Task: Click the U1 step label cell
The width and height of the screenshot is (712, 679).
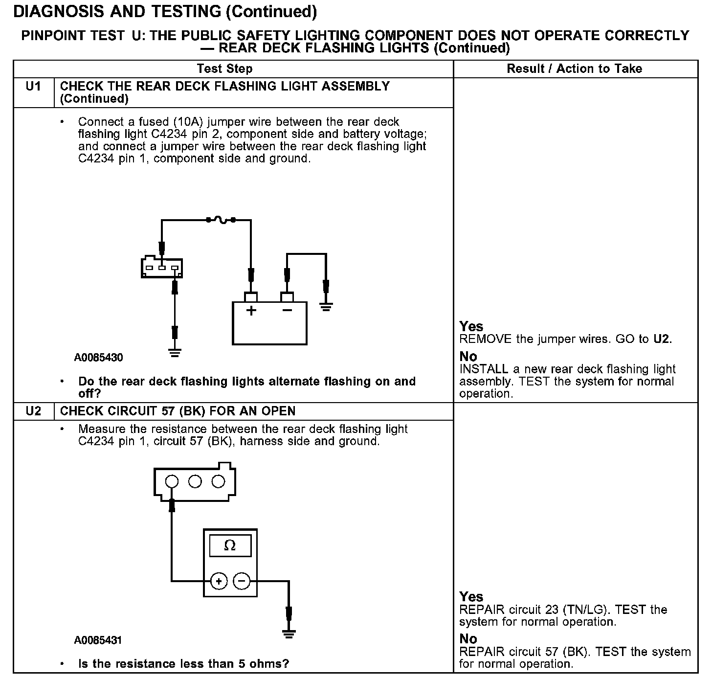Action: tap(33, 87)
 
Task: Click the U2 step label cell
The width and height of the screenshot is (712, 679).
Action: tap(33, 411)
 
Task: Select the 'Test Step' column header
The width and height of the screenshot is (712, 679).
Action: tap(225, 68)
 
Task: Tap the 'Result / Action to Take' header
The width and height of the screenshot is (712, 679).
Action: tap(574, 68)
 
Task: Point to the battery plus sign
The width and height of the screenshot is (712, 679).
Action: tap(251, 311)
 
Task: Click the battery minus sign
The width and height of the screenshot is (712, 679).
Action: tap(287, 311)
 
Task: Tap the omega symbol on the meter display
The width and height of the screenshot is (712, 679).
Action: tap(230, 545)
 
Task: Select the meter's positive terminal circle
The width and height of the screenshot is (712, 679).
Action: tap(219, 581)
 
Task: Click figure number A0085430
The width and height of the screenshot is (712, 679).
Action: tap(99, 358)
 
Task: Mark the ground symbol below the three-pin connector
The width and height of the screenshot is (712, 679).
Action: tap(175, 352)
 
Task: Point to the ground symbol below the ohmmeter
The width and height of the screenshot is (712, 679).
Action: tap(289, 634)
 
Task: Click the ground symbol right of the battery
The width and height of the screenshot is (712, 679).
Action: tap(326, 307)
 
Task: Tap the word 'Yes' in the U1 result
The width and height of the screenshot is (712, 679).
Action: tap(471, 326)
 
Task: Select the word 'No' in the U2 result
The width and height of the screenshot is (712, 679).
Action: tap(468, 638)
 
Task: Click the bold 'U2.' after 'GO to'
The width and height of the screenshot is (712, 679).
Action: tap(663, 339)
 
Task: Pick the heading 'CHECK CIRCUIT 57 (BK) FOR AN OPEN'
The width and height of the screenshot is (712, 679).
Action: tap(178, 411)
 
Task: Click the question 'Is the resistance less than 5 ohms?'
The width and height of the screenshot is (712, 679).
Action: tap(183, 664)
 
